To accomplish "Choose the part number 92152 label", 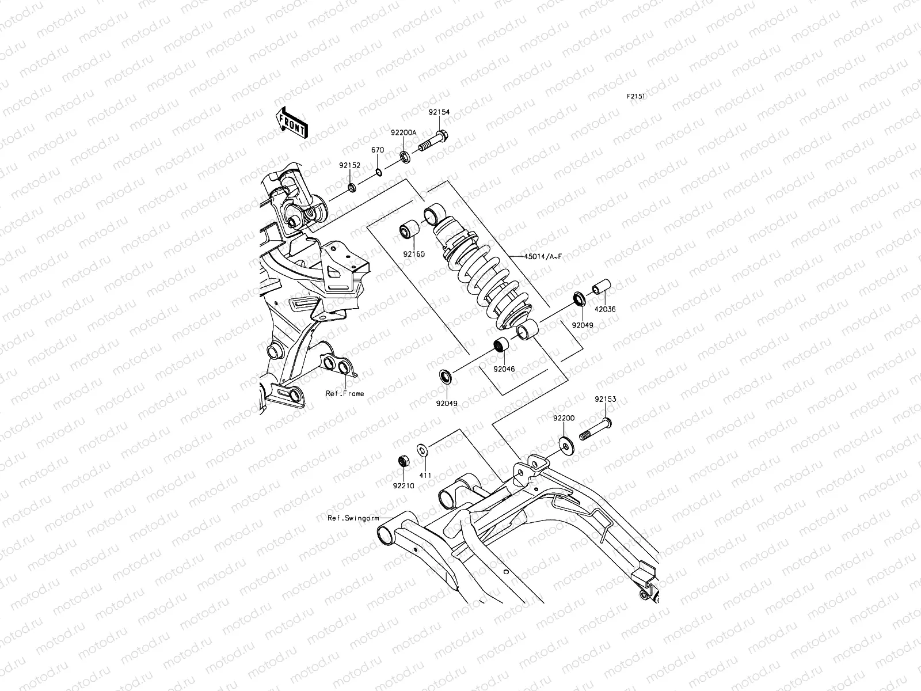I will tap(349, 165).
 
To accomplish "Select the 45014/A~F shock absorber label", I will tap(543, 257).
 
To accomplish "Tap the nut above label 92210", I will tap(404, 461).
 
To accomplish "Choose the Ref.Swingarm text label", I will tap(352, 518).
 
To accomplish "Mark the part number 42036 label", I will tap(605, 309).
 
